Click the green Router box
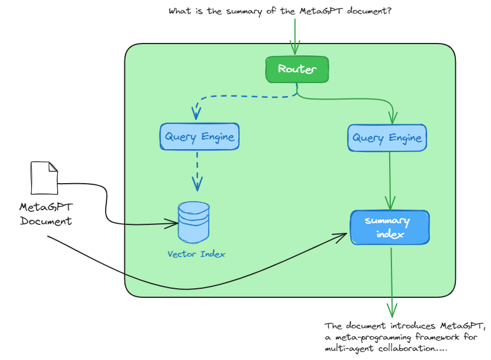click(x=297, y=70)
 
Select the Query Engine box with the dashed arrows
click(x=199, y=136)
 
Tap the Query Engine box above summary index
click(x=387, y=137)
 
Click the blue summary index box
click(x=390, y=227)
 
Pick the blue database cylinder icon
click(x=193, y=222)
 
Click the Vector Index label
click(x=196, y=254)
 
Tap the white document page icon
click(x=44, y=178)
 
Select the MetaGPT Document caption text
click(x=46, y=214)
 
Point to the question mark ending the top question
click(x=389, y=11)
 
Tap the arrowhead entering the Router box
click(x=294, y=47)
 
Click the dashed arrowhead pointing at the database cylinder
click(x=197, y=184)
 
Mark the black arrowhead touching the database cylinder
click(x=172, y=224)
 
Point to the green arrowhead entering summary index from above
click(x=390, y=203)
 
